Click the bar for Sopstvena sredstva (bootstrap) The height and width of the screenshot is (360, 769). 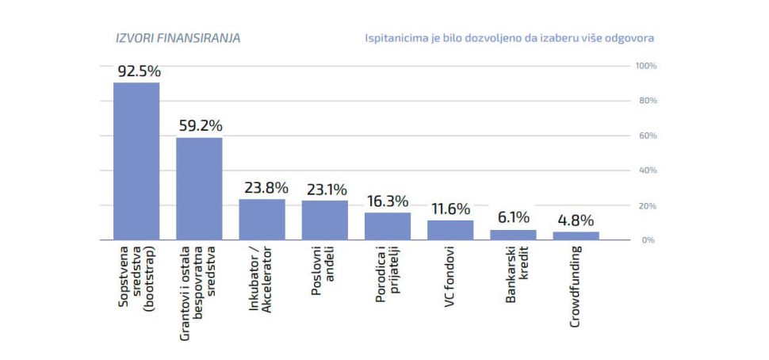click(x=136, y=161)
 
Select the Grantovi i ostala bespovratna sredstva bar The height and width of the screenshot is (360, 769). click(x=199, y=189)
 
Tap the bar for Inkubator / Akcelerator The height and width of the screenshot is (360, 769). click(x=262, y=220)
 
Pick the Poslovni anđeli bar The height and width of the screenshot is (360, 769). click(x=325, y=220)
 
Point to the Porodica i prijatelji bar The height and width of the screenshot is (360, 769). click(x=388, y=226)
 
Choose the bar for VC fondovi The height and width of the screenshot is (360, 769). click(x=450, y=230)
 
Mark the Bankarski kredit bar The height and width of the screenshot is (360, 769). click(x=513, y=235)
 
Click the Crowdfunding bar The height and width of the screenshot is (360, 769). click(x=576, y=236)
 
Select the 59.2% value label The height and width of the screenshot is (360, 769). click(x=200, y=125)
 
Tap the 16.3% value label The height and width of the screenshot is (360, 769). click(x=388, y=201)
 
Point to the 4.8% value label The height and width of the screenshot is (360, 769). click(x=575, y=220)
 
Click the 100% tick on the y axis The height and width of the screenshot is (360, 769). click(x=646, y=65)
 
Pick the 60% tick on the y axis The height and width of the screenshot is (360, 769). click(x=646, y=136)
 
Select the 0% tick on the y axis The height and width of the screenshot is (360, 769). click(x=646, y=239)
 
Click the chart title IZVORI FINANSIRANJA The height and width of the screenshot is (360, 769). click(x=178, y=37)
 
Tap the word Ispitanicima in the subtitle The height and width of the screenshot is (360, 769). click(x=394, y=38)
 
